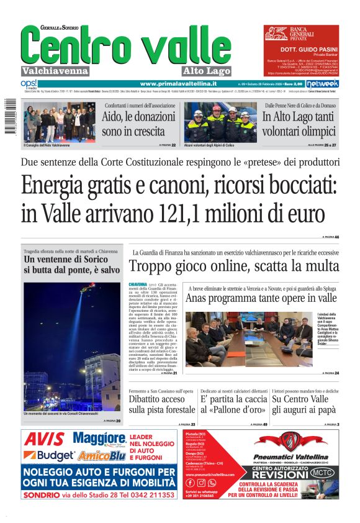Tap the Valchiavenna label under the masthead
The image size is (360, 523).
55,71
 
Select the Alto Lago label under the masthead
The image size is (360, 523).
207,71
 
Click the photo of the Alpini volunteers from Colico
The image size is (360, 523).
220,122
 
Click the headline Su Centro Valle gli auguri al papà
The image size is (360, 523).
305,405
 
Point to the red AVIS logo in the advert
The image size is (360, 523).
44,440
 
